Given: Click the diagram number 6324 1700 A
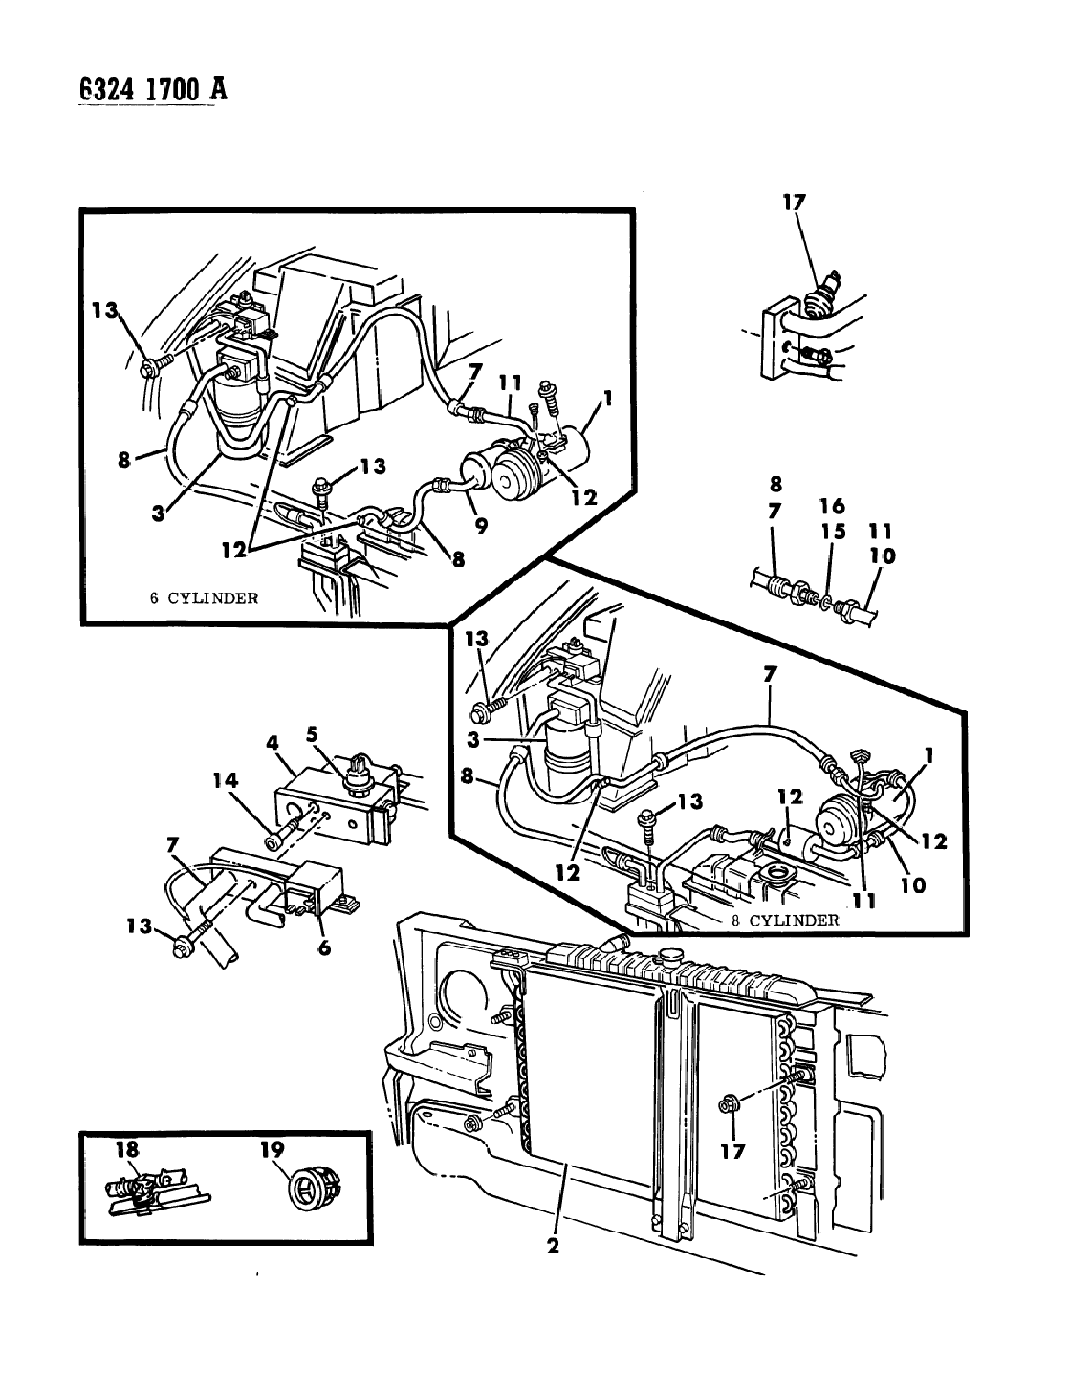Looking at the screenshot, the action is coord(153,90).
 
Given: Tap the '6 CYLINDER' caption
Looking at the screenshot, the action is coord(204,598).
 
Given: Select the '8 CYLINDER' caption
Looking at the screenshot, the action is coord(786,920).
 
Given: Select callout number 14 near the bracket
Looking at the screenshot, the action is coord(226,780).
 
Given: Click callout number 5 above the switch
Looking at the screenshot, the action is coord(312,733).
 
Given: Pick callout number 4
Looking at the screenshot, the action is coord(273,744).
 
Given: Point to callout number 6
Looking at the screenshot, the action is coord(325,948).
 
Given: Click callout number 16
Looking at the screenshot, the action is coord(832,507).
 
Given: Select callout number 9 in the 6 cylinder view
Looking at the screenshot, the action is coord(481,526).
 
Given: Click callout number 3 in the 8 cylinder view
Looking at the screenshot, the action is coord(473,740).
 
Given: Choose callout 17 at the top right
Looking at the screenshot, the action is coord(794,203).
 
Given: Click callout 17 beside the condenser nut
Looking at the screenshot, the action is coord(732,1151).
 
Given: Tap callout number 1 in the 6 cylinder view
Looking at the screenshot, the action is coord(607,399).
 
